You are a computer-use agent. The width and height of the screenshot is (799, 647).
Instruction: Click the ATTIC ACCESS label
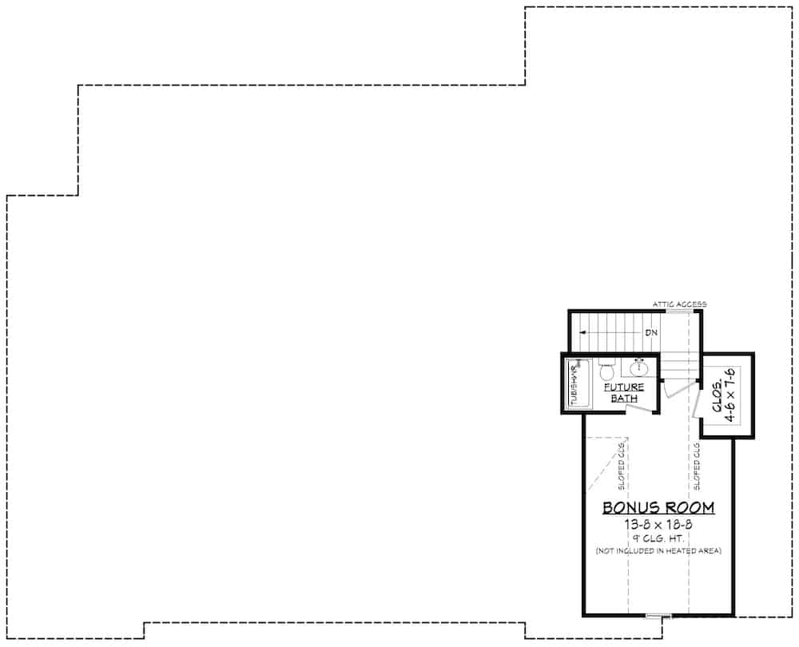click(x=679, y=304)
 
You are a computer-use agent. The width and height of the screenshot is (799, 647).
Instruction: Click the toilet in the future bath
click(x=606, y=371)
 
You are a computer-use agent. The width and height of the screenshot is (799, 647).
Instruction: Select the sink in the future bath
click(x=639, y=368)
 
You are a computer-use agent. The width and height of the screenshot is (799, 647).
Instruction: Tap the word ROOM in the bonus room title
click(x=688, y=507)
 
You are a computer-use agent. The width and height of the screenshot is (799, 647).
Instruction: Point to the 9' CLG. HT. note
click(x=658, y=538)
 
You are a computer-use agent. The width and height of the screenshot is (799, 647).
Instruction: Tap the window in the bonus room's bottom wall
click(x=659, y=616)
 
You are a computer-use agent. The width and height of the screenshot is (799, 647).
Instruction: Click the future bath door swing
click(x=639, y=408)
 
